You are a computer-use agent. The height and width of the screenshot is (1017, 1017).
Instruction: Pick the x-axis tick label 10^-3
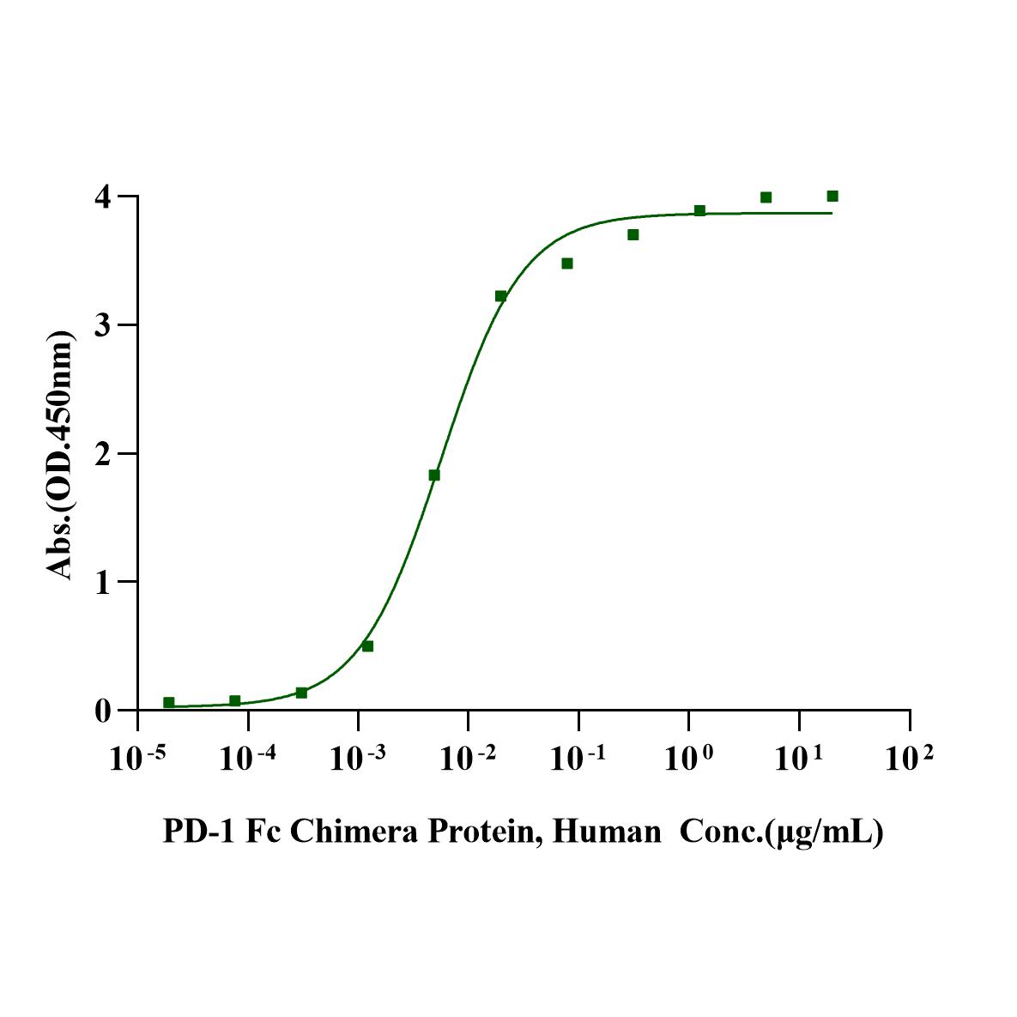358,760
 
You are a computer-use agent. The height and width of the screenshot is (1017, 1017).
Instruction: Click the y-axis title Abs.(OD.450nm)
60,454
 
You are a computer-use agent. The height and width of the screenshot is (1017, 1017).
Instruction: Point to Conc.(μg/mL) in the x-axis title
781,832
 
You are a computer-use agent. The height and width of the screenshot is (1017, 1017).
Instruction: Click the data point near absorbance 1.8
434,475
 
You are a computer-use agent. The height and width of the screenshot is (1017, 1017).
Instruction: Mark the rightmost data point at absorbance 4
832,197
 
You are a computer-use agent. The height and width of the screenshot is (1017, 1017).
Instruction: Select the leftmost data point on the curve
169,703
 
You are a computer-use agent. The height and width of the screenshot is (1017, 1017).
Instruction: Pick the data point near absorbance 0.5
367,646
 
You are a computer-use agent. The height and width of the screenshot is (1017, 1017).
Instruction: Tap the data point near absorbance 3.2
500,296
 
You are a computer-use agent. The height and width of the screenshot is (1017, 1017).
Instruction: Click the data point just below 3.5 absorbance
567,263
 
